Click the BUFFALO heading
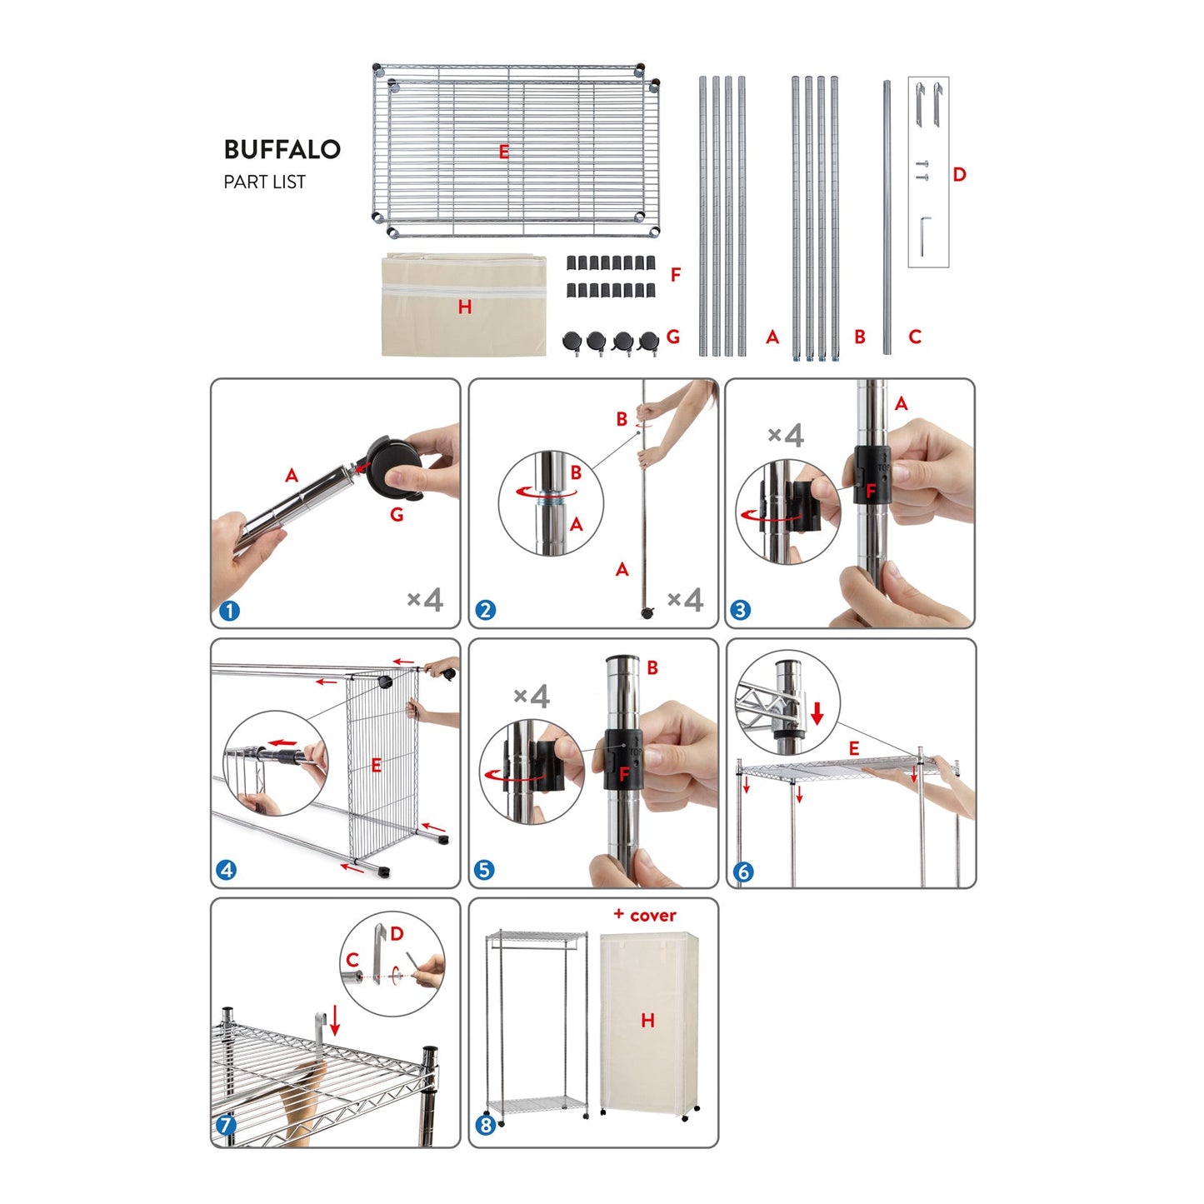click(282, 148)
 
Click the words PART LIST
click(264, 182)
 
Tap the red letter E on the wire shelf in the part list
click(503, 152)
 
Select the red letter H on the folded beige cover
click(464, 307)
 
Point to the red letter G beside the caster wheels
click(673, 337)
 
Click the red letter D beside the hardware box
click(960, 174)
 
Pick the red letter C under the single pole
click(915, 337)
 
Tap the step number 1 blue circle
click(229, 611)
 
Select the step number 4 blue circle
click(226, 870)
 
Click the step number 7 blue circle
click(226, 1126)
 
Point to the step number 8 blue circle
click(486, 1126)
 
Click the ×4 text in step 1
click(425, 600)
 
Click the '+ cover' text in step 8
click(645, 916)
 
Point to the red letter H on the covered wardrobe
click(647, 1021)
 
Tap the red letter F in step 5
click(623, 775)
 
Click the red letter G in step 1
click(396, 515)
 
